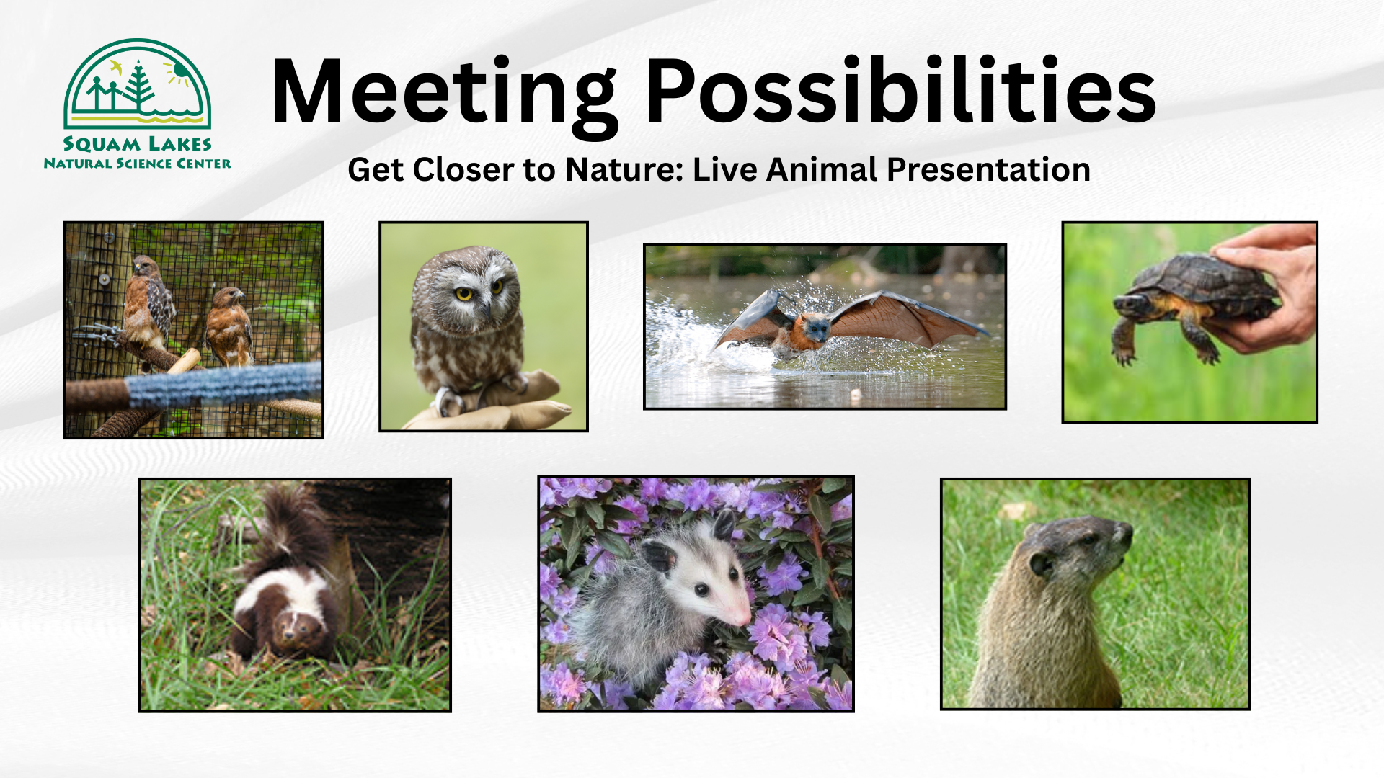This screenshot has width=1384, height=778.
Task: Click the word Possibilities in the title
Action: [x=901, y=89]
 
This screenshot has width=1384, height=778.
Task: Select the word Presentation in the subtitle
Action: [x=988, y=170]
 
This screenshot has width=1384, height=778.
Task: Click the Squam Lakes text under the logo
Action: [x=137, y=144]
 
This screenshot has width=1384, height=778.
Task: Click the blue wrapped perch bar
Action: [x=224, y=385]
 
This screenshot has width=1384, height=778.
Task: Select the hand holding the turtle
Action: [x=1269, y=288]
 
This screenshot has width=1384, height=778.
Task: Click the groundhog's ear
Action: [x=1042, y=563]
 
